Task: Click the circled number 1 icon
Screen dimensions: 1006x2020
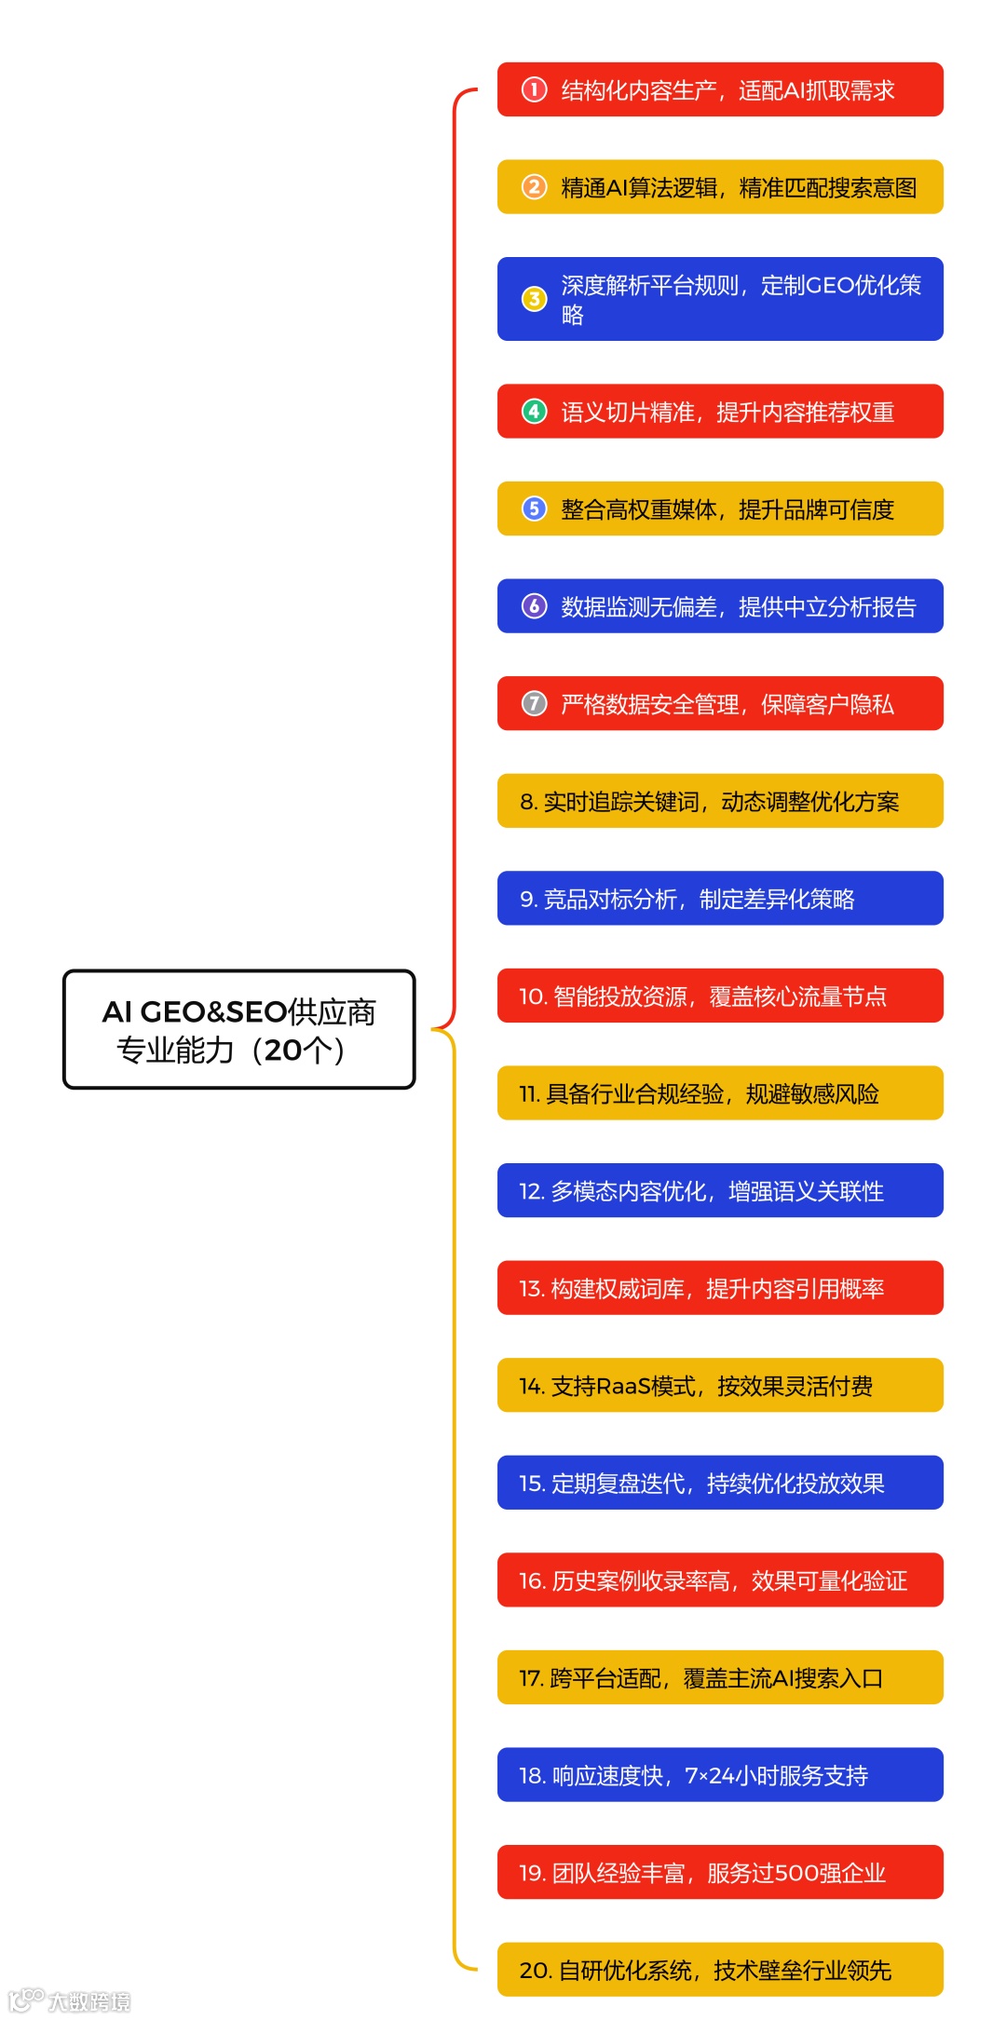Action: pos(534,89)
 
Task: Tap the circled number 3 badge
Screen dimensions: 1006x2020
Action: pos(534,299)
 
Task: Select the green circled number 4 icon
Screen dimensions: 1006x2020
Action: pos(534,411)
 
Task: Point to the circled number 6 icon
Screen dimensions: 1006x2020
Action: pos(534,606)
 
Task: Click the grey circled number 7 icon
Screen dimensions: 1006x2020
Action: pos(534,703)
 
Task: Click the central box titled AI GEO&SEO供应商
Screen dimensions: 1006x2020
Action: pos(238,1029)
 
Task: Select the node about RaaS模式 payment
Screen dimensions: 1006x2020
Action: pos(719,1385)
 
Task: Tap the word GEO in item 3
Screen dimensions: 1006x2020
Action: pos(828,285)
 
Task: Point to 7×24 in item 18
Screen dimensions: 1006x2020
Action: pos(710,1775)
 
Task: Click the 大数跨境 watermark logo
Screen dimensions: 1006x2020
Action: pos(70,2000)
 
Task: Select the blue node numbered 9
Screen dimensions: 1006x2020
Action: pos(719,898)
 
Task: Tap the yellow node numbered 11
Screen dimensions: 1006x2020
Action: pos(719,1092)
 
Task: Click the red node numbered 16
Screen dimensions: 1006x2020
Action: pos(719,1579)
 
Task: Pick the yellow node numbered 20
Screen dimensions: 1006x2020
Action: pos(719,1969)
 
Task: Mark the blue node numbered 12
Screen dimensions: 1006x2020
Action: pos(719,1190)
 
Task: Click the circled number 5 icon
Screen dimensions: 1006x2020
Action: pos(534,508)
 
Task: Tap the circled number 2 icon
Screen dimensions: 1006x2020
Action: pos(534,187)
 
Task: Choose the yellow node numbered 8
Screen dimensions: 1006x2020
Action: pos(719,801)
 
